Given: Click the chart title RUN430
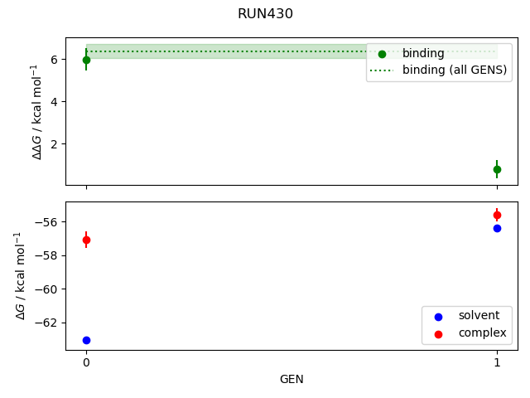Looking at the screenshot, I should coord(265,14).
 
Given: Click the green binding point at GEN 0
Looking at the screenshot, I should coord(86,60).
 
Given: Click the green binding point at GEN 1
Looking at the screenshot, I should coord(497,169).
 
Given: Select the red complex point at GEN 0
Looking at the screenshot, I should coord(86,240).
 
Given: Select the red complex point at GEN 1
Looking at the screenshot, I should coord(497,215).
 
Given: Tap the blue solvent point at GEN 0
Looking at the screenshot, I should coord(86,340).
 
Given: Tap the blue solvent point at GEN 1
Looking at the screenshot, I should coord(497,228).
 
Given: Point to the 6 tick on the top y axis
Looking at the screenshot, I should coord(53,60).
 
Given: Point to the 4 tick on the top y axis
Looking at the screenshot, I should coord(53,102).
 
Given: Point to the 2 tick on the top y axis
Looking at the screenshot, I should coord(53,144).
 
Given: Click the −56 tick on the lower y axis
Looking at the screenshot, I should coord(46,222).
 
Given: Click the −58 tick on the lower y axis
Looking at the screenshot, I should coord(46,255).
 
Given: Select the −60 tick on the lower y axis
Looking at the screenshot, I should coord(46,289).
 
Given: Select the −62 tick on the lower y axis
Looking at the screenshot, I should coord(46,323).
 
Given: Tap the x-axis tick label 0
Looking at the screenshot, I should coord(86,362).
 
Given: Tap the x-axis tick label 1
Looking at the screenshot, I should coord(497,362).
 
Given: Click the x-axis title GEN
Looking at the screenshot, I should coord(291,379).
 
